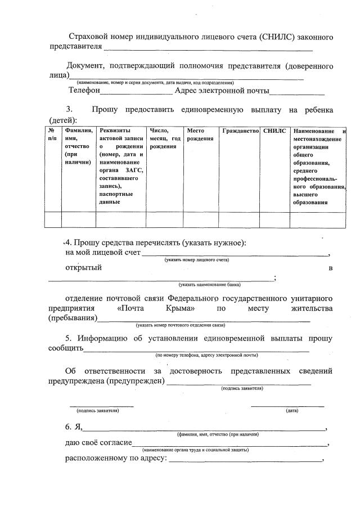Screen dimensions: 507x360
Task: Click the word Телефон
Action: point(84,90)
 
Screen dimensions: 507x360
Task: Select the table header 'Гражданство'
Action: point(240,131)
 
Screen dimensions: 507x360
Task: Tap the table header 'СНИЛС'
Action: point(274,131)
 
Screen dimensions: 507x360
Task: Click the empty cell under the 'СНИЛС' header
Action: point(274,219)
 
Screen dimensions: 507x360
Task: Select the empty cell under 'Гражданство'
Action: point(240,219)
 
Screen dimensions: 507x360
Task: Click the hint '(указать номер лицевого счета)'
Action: point(196,260)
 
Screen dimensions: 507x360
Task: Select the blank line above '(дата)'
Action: point(287,405)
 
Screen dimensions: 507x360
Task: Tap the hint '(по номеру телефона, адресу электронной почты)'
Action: point(206,356)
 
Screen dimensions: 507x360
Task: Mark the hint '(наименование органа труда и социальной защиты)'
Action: point(196,450)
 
